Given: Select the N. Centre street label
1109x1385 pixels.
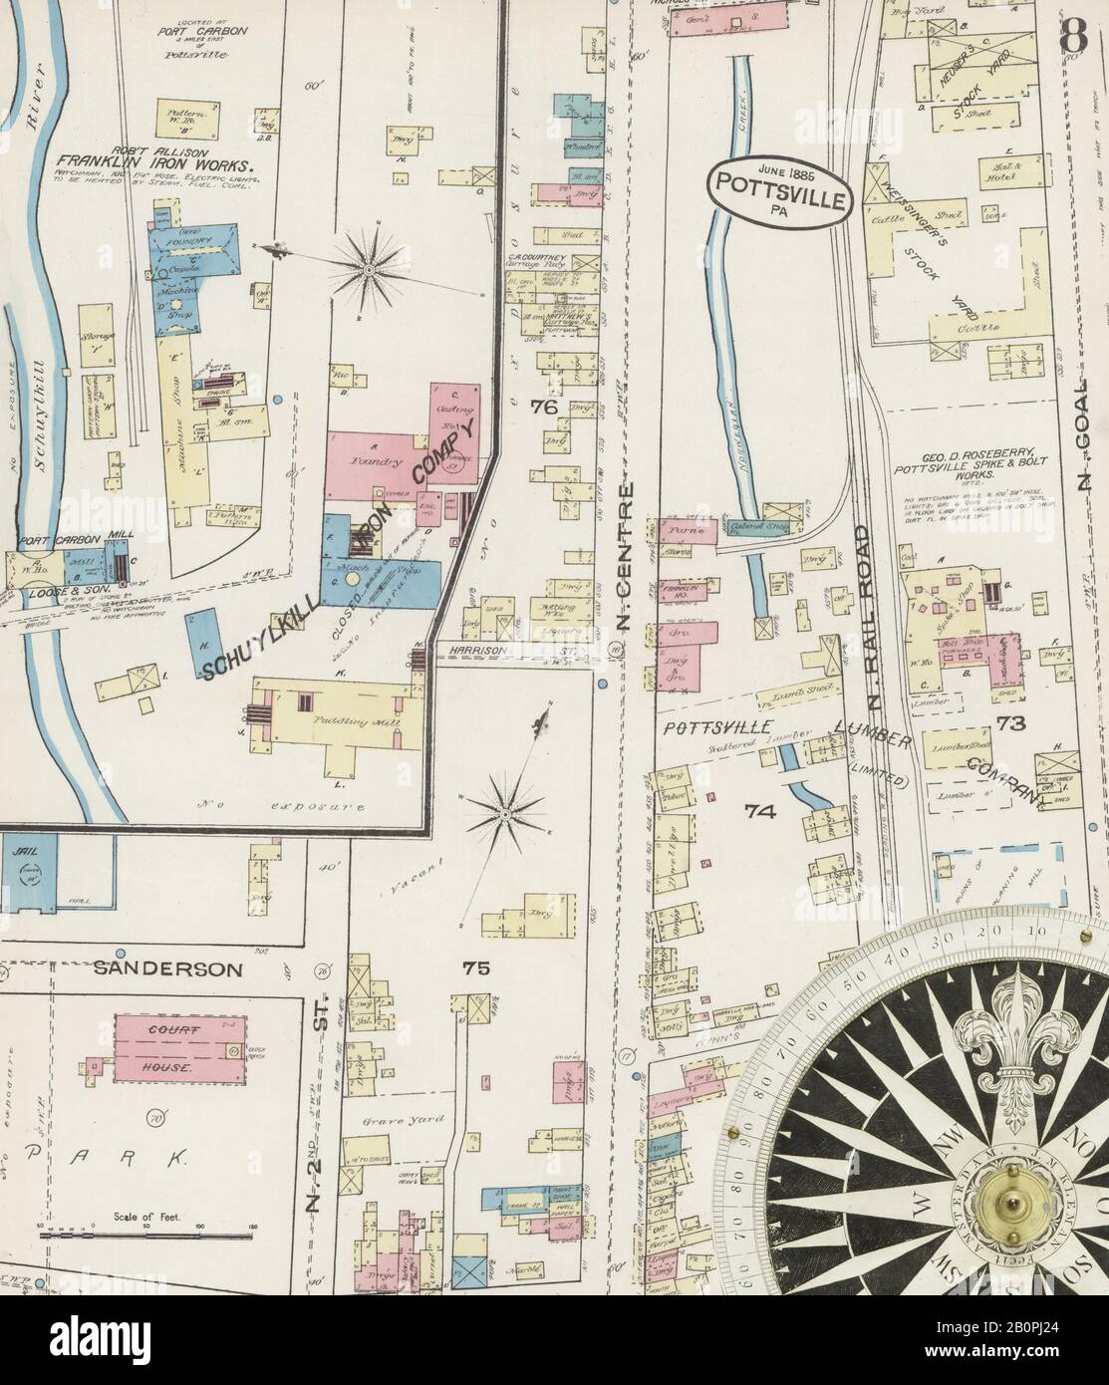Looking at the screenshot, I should point(624,558).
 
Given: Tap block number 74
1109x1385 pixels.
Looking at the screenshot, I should point(760,811).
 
